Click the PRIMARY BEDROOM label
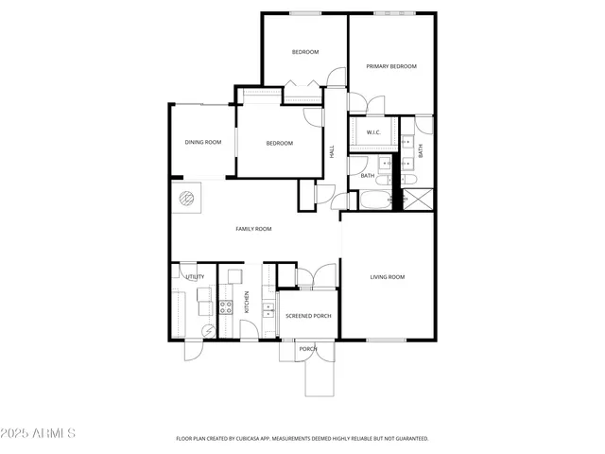tap(391, 66)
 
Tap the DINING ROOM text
tap(202, 142)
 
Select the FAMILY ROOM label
tap(253, 229)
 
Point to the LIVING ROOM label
tap(387, 277)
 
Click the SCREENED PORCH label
tap(308, 315)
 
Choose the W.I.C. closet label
tap(373, 132)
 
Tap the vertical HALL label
tap(332, 150)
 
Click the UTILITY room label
tap(195, 277)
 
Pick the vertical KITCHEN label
tap(248, 303)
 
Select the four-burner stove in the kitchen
tap(227, 306)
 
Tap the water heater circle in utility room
tap(208, 330)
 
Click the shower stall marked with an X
tap(421, 200)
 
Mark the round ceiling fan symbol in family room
tap(186, 199)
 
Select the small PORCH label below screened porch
tap(307, 349)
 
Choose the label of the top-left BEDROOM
tap(304, 51)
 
